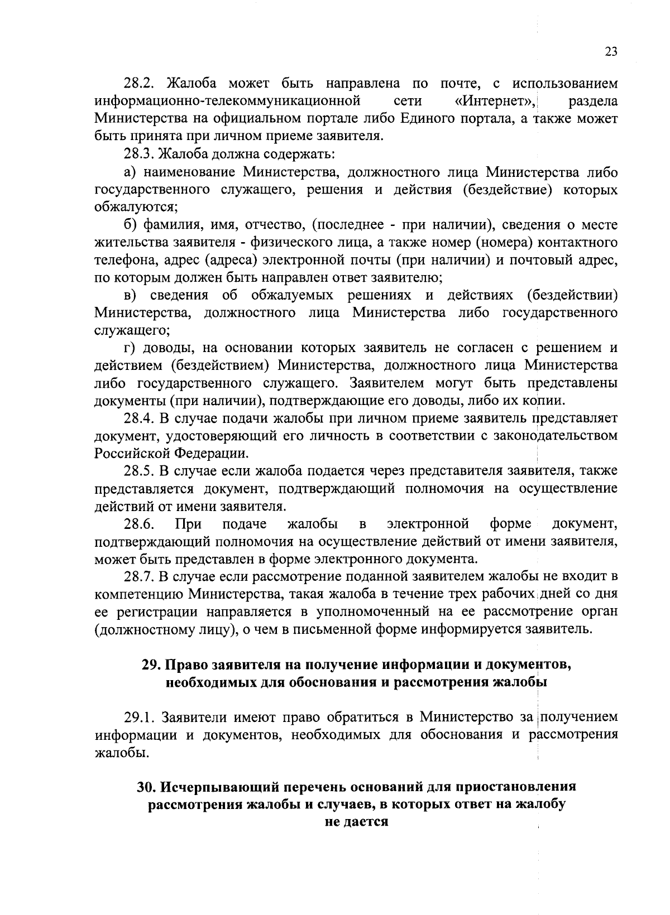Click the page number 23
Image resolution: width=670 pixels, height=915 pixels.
coord(611,52)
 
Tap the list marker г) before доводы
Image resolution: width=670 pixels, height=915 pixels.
coord(130,348)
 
